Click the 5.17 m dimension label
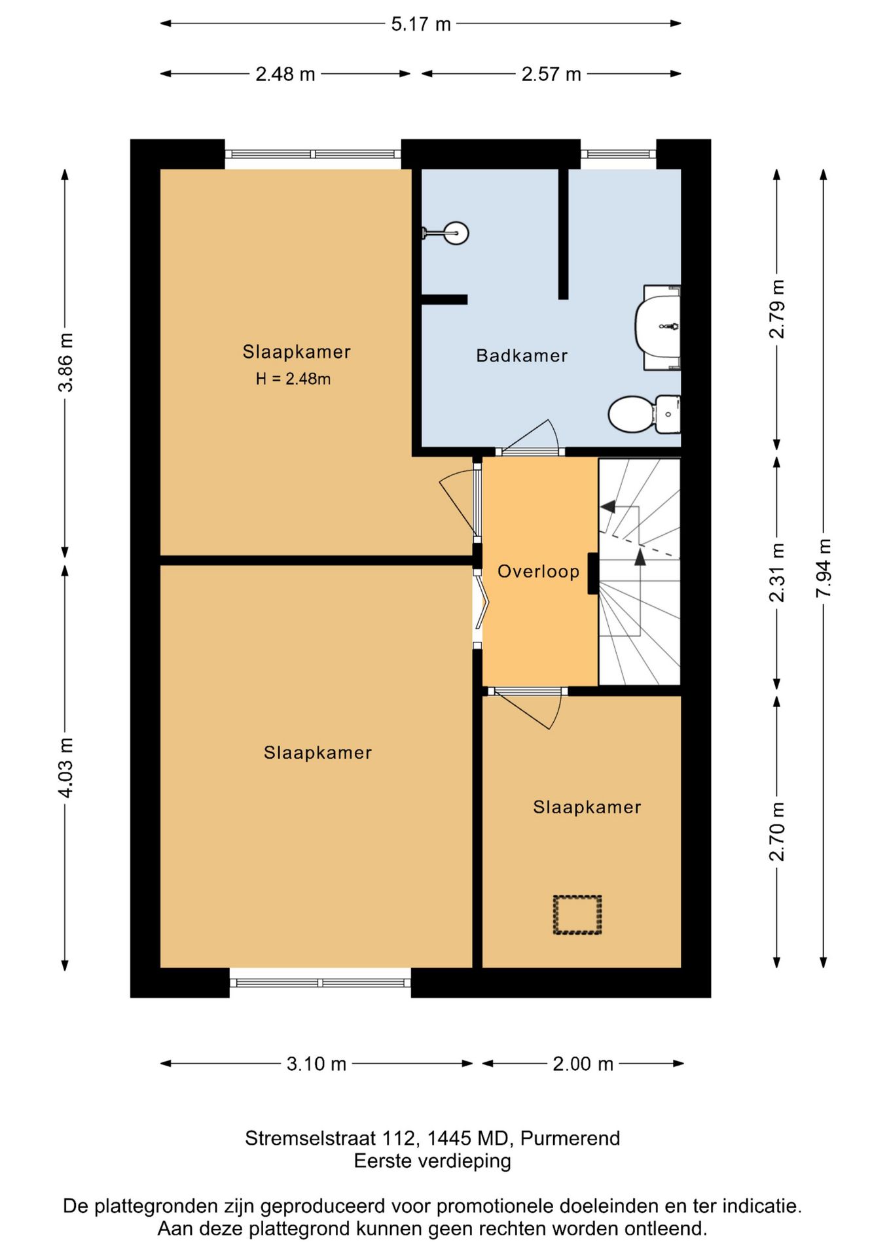(x=421, y=24)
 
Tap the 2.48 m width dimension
(x=285, y=75)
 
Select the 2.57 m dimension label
(x=551, y=75)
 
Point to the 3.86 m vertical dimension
(x=66, y=362)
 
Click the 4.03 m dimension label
(x=66, y=767)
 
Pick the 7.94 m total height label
(x=824, y=568)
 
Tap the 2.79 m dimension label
(x=776, y=309)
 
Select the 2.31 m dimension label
(x=776, y=572)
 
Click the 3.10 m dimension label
(x=316, y=1064)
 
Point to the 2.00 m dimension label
(x=583, y=1064)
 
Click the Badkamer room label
(x=522, y=356)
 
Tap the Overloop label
(x=538, y=572)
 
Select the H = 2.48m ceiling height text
(x=293, y=379)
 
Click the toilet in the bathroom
(x=644, y=414)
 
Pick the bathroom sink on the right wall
(x=658, y=327)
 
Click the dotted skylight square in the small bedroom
(x=577, y=915)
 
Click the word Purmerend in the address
(x=570, y=1138)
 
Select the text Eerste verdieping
(x=433, y=1161)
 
